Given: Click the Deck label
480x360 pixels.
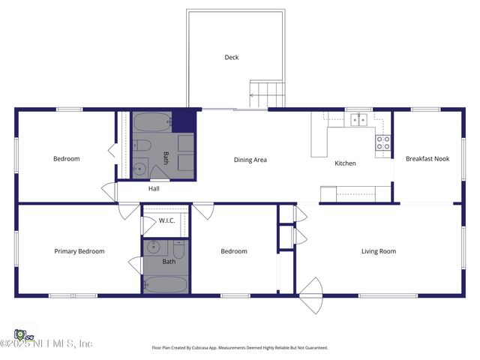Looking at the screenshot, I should [232, 57].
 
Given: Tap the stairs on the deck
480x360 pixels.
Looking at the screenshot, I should [268, 94].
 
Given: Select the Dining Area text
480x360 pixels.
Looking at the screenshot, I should [250, 160].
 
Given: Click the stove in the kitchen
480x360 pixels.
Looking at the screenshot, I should [382, 142].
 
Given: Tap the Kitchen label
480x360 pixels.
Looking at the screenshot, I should [345, 163].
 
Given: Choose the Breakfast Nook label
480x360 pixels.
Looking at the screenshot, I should [427, 159].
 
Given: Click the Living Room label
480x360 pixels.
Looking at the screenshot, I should [379, 251].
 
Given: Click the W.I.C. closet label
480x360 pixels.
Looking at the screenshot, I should [166, 220].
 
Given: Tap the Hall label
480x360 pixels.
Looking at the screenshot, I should [154, 189].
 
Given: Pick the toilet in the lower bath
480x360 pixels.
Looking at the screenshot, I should [179, 248].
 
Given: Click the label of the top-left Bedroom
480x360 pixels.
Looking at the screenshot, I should [66, 159].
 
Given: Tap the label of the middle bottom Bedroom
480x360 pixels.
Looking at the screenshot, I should [233, 251].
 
